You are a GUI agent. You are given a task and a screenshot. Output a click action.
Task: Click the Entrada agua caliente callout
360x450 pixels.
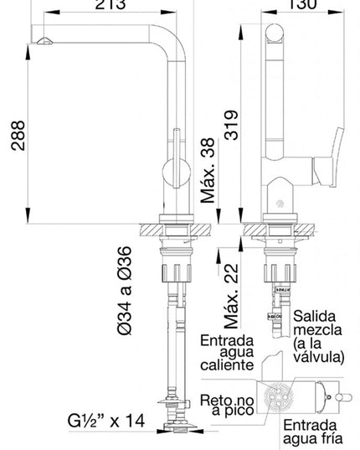(226, 353)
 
